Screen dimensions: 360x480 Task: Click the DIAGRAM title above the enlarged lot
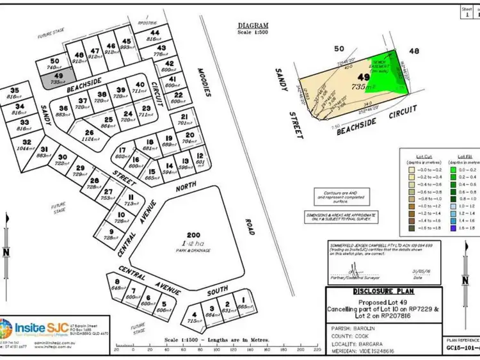point(252,26)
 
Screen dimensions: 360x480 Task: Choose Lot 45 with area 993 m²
point(125,46)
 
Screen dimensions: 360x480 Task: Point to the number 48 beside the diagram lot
point(414,51)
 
